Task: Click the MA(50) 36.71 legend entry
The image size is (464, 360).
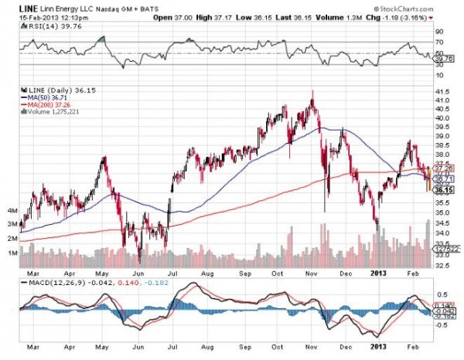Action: pos(52,100)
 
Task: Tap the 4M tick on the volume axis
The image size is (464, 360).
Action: pos(12,209)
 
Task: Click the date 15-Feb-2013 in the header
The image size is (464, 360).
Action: pos(25,15)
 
